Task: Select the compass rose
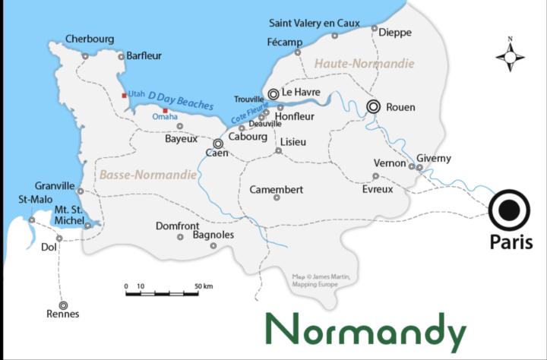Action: pyautogui.click(x=511, y=56)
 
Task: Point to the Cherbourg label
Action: pyautogui.click(x=90, y=39)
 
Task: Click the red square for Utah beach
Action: pyautogui.click(x=125, y=96)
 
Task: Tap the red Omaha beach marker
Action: pyautogui.click(x=165, y=111)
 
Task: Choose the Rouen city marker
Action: pyautogui.click(x=373, y=107)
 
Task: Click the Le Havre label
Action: pyautogui.click(x=302, y=93)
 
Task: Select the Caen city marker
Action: pyautogui.click(x=218, y=143)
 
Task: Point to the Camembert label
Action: pyautogui.click(x=277, y=189)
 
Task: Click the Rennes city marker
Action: pyautogui.click(x=63, y=305)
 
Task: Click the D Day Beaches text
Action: pyautogui.click(x=181, y=100)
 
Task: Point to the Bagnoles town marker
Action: pyautogui.click(x=213, y=245)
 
